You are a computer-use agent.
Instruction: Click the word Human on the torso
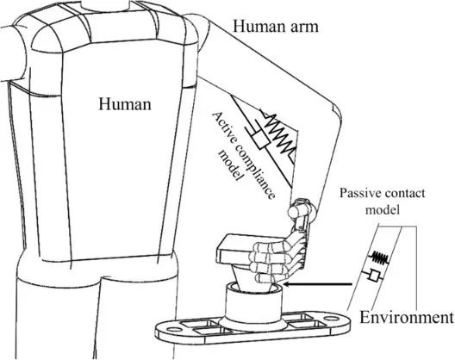click(x=125, y=104)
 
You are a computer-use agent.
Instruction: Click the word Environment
click(x=406, y=317)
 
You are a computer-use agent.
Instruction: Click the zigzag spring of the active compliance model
click(x=278, y=133)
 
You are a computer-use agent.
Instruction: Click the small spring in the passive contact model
click(x=378, y=257)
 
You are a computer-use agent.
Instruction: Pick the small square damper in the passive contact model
click(x=374, y=276)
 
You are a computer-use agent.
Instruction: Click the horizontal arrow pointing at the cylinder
click(x=317, y=284)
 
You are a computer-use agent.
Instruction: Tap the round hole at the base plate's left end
click(x=174, y=330)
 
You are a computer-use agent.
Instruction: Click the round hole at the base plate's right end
click(x=330, y=319)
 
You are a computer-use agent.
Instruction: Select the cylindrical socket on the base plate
click(x=252, y=305)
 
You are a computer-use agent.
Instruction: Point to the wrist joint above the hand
click(x=302, y=208)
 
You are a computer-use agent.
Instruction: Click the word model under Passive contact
click(x=382, y=209)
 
